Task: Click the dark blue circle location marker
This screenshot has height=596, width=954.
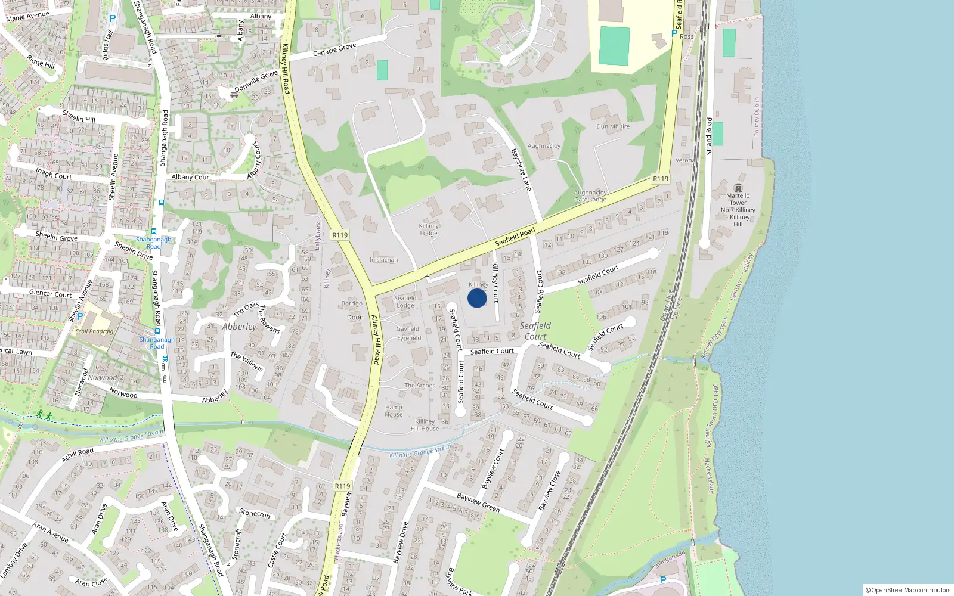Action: (477, 298)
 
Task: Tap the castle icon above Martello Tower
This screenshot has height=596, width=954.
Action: (738, 188)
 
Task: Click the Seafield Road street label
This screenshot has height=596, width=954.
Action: (515, 236)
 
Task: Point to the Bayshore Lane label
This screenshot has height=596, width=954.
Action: (521, 170)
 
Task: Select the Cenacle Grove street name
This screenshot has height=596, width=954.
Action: (334, 49)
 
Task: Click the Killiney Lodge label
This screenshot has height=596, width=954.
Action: (429, 229)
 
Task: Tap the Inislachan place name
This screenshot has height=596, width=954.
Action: (383, 260)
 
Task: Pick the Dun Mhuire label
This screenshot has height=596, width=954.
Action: (613, 126)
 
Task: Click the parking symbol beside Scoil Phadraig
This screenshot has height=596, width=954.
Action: (80, 316)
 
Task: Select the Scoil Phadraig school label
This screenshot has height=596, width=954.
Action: (94, 331)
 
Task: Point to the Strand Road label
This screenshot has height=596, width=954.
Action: (709, 136)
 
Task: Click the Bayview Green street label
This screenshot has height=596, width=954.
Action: (478, 502)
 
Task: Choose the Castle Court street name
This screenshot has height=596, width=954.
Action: (277, 550)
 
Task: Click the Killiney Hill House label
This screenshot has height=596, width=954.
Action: (425, 425)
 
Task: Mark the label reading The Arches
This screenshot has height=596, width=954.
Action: (420, 386)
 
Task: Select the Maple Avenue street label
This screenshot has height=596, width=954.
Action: (27, 16)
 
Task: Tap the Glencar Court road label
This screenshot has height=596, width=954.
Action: (51, 293)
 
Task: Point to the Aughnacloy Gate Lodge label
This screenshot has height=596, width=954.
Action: (590, 196)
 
